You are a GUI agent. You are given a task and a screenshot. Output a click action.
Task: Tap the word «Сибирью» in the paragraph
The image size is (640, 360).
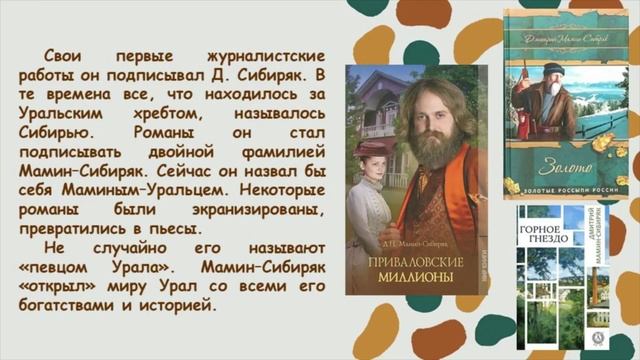click(x=60, y=131)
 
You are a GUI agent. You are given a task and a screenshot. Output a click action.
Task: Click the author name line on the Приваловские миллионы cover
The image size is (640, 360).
click(x=410, y=243)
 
